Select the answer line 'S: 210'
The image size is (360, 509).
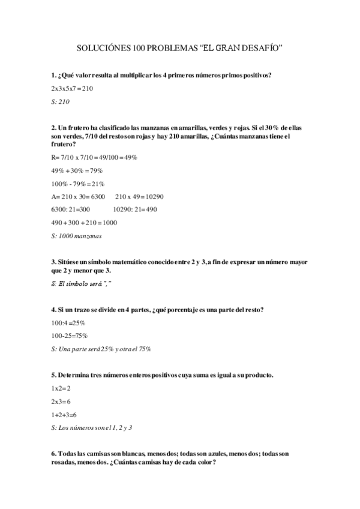61,101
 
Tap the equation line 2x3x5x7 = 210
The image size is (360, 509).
73,88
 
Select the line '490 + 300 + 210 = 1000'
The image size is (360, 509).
85,223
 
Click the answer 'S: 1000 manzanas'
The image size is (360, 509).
77,236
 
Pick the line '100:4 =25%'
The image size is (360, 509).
70,322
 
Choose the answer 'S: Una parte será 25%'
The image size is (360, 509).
101,349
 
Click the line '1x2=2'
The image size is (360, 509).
61,388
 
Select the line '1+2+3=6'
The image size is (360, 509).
64,415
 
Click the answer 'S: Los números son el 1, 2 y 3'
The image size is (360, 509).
92,428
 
